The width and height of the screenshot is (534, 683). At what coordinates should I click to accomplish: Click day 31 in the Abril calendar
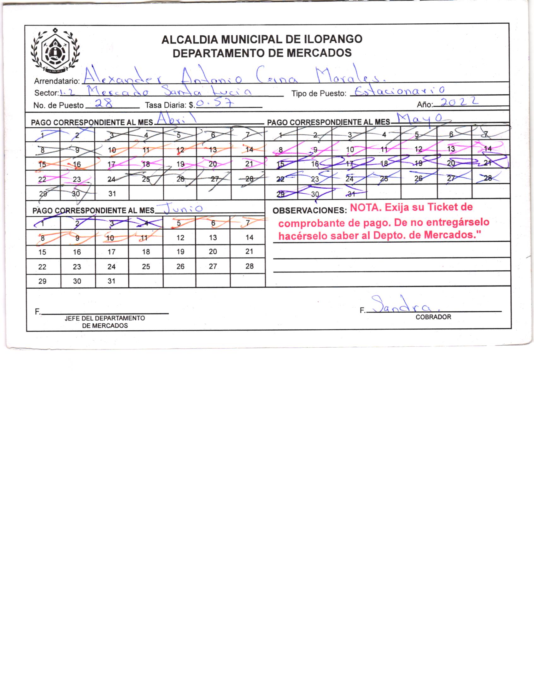pos(112,194)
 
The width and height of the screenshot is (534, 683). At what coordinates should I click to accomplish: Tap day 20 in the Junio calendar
pos(213,252)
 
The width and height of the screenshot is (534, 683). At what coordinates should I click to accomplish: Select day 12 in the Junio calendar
pos(180,238)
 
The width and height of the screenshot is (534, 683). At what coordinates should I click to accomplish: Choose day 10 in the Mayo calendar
pos(350,149)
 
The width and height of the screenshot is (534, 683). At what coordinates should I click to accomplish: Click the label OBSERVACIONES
pos(309,211)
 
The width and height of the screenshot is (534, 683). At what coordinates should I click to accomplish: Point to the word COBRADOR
pos(433,317)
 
